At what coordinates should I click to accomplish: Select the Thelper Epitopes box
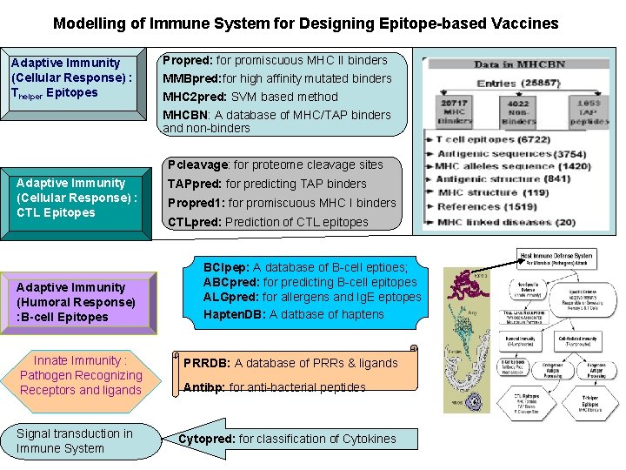pos(73,82)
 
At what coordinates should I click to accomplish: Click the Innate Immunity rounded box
pos(81,375)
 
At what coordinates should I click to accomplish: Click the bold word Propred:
pos(187,60)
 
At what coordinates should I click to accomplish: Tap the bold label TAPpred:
pos(194,184)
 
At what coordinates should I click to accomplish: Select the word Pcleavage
pos(199,164)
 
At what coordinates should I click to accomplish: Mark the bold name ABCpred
pos(230,282)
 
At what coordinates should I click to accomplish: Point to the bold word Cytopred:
pos(206,439)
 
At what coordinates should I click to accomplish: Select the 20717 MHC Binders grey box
pos(455,111)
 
